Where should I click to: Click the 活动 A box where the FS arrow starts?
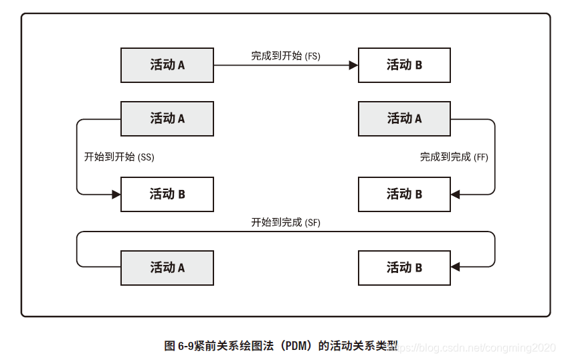pyautogui.click(x=167, y=65)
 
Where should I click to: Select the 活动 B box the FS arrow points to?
pyautogui.click(x=404, y=65)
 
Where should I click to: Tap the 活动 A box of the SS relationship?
pyautogui.click(x=167, y=118)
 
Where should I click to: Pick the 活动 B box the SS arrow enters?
pyautogui.click(x=167, y=194)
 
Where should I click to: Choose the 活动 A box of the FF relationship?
pyautogui.click(x=404, y=118)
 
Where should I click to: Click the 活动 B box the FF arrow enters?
pyautogui.click(x=404, y=194)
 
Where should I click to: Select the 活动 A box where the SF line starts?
pyautogui.click(x=167, y=268)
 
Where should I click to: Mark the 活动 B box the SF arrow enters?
pyautogui.click(x=404, y=268)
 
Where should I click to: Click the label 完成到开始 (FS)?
pyautogui.click(x=286, y=56)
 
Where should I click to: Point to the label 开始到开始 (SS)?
pyautogui.click(x=119, y=157)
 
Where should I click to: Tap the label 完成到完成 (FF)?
pyautogui.click(x=454, y=157)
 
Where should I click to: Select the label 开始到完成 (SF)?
pyautogui.click(x=286, y=222)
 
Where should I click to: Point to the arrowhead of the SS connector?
pyautogui.click(x=116, y=194)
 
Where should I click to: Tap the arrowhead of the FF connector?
pyautogui.click(x=456, y=194)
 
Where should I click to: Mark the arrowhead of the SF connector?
pyautogui.click(x=456, y=268)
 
